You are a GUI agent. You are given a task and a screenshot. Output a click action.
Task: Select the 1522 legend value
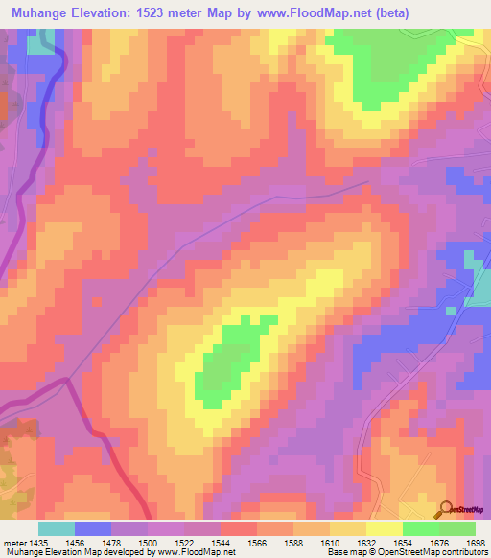(183, 542)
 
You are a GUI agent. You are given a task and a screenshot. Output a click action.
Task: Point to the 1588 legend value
(293, 542)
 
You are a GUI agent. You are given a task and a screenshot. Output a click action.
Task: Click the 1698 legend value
(476, 542)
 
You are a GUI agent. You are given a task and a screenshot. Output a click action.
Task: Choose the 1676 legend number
(438, 542)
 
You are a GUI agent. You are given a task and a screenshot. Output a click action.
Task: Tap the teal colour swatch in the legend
(57, 528)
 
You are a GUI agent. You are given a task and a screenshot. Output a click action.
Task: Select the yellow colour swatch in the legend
(385, 528)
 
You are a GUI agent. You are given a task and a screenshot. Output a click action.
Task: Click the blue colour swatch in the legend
(93, 528)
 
